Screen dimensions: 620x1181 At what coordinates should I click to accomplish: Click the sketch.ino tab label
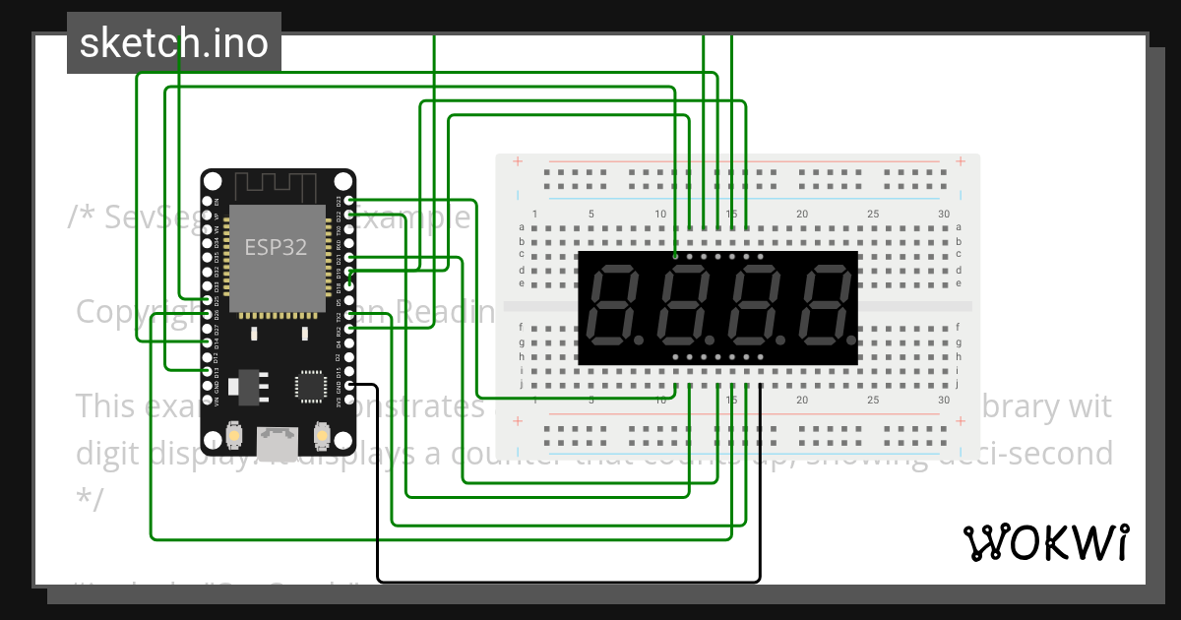coord(174,43)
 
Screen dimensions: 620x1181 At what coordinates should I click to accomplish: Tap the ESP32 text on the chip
coord(276,247)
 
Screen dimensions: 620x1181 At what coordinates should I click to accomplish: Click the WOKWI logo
coord(1045,542)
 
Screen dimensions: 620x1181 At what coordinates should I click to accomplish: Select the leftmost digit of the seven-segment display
coord(612,305)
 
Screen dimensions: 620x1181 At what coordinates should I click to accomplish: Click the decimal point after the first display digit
coord(638,338)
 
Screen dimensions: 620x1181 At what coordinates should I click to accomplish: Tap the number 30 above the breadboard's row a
coord(944,215)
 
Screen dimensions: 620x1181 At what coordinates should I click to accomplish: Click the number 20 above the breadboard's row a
coord(802,215)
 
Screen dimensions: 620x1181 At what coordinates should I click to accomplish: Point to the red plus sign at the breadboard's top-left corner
coord(518,162)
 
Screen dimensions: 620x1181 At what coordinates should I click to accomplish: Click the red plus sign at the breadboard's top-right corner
coord(959,162)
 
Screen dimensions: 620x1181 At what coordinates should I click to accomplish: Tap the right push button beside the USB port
coord(322,434)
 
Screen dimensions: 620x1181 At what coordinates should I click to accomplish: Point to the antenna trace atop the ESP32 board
coord(277,184)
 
